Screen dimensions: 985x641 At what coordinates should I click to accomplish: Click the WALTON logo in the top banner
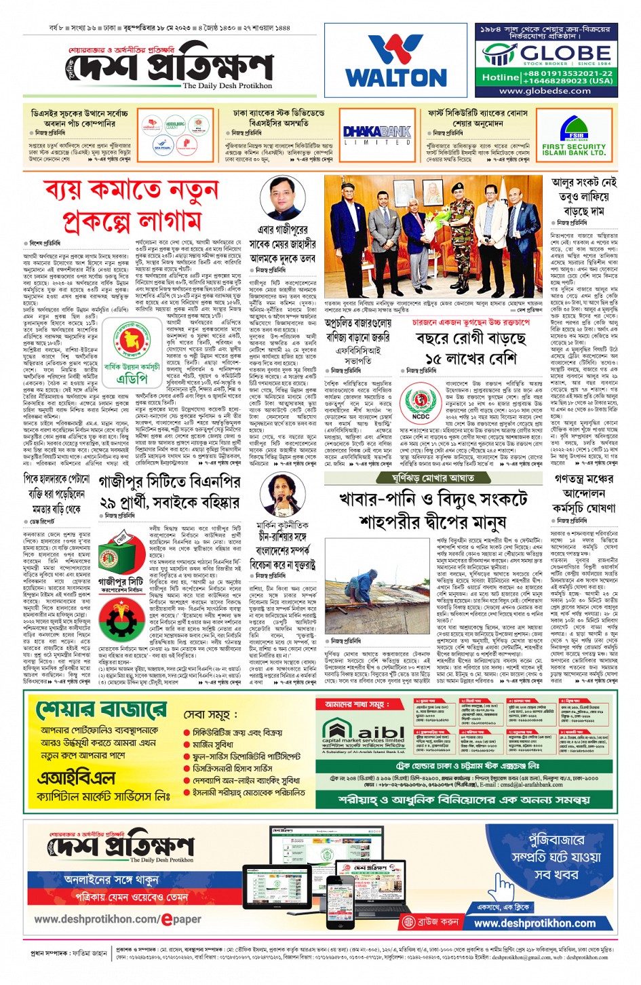(x=395, y=62)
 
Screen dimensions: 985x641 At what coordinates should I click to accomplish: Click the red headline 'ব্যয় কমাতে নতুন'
(x=132, y=191)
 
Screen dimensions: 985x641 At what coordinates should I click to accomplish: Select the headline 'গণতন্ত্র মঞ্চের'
(x=583, y=479)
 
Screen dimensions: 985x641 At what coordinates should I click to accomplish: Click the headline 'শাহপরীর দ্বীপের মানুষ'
(x=433, y=523)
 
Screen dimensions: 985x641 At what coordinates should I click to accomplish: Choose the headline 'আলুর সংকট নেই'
(x=583, y=182)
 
